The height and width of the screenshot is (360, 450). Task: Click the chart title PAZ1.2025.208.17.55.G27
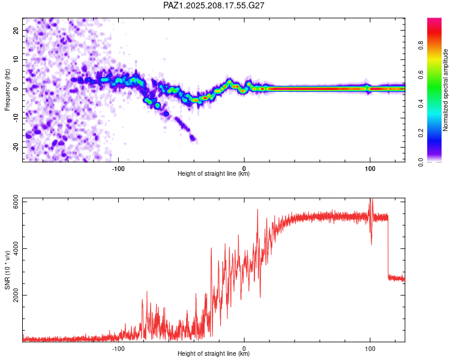click(214, 5)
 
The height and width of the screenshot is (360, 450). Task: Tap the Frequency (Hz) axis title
click(7, 90)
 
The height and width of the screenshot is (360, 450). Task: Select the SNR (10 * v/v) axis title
click(7, 270)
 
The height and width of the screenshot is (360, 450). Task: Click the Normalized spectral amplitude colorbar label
click(445, 90)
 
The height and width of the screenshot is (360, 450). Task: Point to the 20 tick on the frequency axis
click(16, 30)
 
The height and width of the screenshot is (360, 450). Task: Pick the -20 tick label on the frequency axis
click(16, 147)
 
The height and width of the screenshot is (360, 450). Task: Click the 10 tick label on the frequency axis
click(16, 59)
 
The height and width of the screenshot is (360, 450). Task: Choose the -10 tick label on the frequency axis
click(16, 118)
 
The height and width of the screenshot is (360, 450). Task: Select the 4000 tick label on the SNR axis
click(16, 248)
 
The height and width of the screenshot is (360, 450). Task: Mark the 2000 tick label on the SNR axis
click(16, 295)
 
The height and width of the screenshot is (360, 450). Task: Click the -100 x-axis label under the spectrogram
click(118, 169)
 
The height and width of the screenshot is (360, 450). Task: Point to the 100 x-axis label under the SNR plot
click(370, 349)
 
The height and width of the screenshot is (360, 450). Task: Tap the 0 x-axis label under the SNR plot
click(244, 349)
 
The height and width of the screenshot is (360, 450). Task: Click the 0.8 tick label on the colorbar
click(421, 46)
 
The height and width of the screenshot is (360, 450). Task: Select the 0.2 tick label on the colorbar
click(421, 133)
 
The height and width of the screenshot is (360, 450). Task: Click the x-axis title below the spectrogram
click(214, 173)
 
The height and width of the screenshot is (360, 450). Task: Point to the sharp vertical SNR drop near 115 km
click(388, 247)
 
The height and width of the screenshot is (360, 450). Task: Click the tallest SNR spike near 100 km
click(371, 201)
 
